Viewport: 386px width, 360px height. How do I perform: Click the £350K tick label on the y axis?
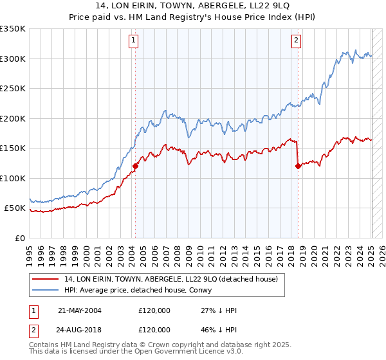click(x=13, y=29)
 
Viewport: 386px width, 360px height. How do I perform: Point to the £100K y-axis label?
click(x=13, y=178)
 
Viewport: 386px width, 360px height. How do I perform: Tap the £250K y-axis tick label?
click(x=13, y=89)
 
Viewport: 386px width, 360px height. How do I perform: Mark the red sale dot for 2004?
click(x=135, y=166)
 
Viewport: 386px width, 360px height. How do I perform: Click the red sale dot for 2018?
click(x=298, y=166)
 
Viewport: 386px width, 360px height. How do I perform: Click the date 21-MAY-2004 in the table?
click(x=80, y=310)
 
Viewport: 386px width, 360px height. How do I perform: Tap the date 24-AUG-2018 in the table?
click(x=80, y=330)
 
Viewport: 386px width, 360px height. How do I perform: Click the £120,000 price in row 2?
click(x=154, y=330)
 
